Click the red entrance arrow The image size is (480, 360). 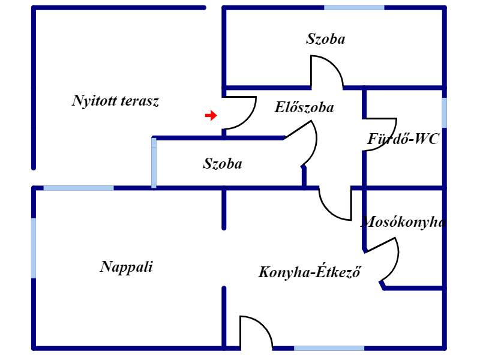(211, 115)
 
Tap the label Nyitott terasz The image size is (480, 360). (115, 101)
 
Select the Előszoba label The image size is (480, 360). (304, 107)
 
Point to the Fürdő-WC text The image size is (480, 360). (403, 139)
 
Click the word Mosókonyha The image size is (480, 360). (403, 221)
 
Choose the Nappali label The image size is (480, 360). (127, 266)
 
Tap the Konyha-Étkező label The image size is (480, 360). (310, 272)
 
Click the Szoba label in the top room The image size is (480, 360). (326, 39)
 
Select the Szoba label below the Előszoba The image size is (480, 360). (223, 163)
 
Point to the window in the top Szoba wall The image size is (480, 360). (354, 7)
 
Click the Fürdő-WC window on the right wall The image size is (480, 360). (444, 113)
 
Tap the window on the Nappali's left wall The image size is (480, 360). (34, 248)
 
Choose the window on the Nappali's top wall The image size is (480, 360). (79, 188)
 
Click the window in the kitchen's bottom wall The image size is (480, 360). (329, 348)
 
